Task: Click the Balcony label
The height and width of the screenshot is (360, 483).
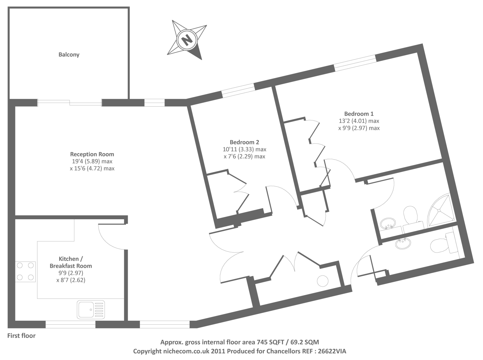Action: pos(69,55)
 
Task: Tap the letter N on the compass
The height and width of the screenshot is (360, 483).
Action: pos(187,39)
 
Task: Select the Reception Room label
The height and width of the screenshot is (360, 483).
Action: pos(92,154)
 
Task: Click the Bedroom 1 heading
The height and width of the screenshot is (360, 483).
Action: pos(359,114)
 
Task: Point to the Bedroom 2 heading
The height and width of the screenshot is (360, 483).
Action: pos(244,142)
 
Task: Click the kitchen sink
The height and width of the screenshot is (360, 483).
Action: pos(91,309)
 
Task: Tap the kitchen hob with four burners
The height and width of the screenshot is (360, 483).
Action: pos(25,271)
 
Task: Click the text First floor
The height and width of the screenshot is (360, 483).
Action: pos(21,336)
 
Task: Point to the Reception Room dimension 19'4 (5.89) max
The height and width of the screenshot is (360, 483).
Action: pos(92,162)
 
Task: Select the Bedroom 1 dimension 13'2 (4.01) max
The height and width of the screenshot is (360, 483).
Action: pos(359,121)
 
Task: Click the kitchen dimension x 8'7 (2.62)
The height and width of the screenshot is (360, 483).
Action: pos(71,280)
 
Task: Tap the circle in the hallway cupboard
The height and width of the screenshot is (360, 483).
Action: pos(322,281)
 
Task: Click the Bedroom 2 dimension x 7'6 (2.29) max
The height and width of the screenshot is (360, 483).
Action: pos(244,156)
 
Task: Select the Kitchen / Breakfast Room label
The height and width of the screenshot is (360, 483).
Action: pos(71,262)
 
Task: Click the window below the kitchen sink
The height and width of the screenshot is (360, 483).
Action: pos(70,325)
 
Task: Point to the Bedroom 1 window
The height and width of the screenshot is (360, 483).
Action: pos(355,63)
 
